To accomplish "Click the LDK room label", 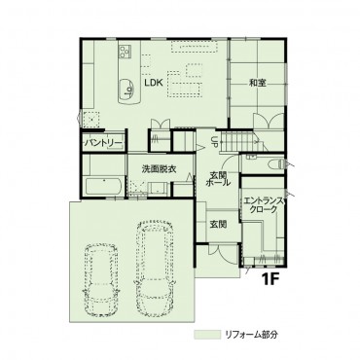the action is pos(153,83).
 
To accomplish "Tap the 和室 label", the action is pos(258,83).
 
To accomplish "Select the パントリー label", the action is pos(103,143).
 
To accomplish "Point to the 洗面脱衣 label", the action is pos(160,168).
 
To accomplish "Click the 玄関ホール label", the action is pos(218,178).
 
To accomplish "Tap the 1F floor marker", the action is pos(270,279).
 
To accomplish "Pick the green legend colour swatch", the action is pos(206,335).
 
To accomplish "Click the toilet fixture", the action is pos(275,164).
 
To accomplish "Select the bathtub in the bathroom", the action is pos(103,186).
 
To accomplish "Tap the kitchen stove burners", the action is pos(125,52).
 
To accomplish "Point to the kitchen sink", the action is pos(126,90).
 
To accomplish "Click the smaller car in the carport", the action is pos(101,278).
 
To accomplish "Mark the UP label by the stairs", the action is pos(214,141).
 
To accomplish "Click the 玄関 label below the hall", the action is pos(218,224).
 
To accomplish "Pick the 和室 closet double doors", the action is pos(268,122).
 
